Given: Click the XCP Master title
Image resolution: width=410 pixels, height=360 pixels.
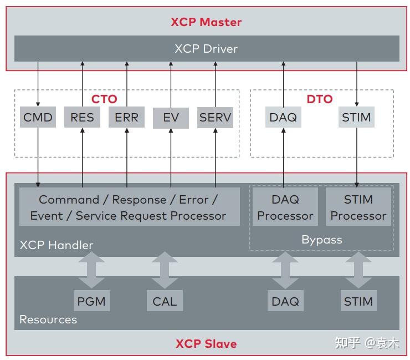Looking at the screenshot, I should tap(206, 22).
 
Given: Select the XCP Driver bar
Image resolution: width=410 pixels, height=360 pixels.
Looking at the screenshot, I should tap(206, 49).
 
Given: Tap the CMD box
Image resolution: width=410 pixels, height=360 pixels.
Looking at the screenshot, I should tap(38, 117).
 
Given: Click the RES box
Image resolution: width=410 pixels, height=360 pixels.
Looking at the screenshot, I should tap(82, 117).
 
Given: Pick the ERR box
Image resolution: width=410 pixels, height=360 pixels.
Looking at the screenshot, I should tap(126, 117).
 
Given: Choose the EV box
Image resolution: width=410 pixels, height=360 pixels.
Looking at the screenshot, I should tap(171, 118).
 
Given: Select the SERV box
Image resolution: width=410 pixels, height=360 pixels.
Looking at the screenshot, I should tap(215, 117).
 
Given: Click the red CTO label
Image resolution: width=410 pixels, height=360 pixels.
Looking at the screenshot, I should tap(104, 99).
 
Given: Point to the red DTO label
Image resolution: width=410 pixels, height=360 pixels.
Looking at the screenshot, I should tap(320, 99).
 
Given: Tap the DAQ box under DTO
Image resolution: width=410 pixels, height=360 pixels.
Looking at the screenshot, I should tap(283, 117).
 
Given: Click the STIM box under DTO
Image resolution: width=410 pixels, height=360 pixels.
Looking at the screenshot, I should tap(356, 117).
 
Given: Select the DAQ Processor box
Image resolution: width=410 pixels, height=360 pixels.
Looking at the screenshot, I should tap(285, 207).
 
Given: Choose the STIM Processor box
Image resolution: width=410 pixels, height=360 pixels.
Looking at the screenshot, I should tap(358, 207).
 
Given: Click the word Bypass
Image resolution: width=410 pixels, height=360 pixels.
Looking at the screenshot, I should tap(321, 240).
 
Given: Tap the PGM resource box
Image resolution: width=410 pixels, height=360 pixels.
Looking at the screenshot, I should tap(91, 301).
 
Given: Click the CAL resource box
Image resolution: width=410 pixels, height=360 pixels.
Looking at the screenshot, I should tap(165, 301).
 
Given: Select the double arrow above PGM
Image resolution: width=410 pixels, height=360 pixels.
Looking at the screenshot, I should tap(91, 270).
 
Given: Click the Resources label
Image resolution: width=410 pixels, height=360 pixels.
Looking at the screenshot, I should tap(48, 320).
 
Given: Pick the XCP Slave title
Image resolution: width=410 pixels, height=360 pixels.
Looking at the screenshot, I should tap(206, 343).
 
